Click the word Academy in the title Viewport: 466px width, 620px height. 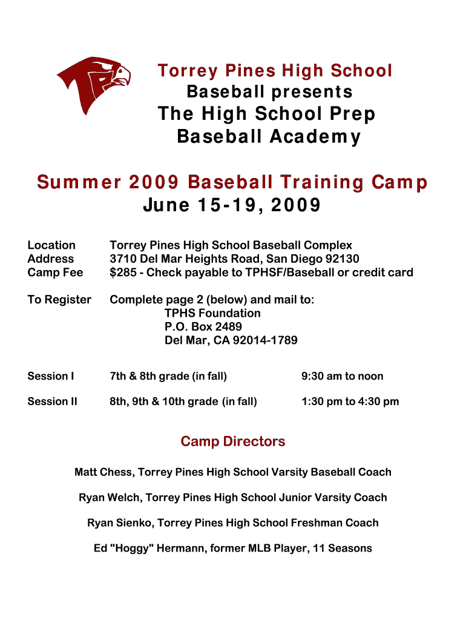[x=315, y=137]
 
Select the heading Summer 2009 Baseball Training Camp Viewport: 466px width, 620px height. [x=232, y=182]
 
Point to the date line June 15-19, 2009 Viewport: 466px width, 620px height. [x=232, y=205]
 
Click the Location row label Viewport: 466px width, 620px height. [x=51, y=245]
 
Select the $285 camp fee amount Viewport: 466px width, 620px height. [x=123, y=272]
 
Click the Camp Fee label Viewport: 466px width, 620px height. [x=55, y=272]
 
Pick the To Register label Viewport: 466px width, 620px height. [x=59, y=300]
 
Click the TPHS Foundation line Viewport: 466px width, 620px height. [x=212, y=313]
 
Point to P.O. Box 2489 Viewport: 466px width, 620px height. [x=203, y=326]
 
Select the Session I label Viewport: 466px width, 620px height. [x=51, y=376]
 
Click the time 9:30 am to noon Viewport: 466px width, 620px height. [x=343, y=376]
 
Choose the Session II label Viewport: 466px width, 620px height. [x=52, y=401]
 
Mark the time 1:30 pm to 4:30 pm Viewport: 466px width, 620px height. [x=350, y=402]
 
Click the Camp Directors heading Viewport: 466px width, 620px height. [x=233, y=441]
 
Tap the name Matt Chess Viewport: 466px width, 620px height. [x=103, y=472]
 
